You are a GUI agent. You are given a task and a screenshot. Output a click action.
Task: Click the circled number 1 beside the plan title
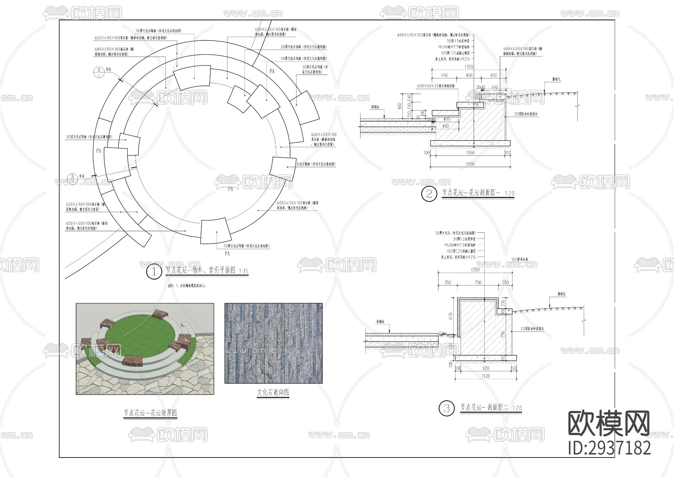154,271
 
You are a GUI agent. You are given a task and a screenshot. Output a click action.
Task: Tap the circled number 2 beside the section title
429,194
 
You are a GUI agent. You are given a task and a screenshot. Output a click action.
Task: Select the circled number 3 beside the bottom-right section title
446,408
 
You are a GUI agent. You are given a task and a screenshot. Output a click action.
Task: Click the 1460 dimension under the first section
470,164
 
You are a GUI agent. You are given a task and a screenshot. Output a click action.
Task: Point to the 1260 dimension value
470,153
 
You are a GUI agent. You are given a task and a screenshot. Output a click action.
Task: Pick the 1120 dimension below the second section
486,376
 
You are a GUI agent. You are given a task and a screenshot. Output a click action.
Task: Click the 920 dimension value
486,368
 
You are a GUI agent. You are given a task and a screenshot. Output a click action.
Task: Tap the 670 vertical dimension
451,316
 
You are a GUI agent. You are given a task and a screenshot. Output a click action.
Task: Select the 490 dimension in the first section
446,126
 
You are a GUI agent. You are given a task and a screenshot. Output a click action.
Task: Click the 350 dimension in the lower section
448,283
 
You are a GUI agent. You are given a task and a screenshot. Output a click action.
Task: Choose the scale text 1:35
243,271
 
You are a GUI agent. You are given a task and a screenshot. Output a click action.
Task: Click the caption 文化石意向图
273,392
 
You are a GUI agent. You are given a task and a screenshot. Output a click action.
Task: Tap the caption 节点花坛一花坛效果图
150,413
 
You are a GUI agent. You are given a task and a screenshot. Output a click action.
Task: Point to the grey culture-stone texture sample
273,343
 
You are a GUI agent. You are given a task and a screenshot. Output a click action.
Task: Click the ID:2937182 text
610,448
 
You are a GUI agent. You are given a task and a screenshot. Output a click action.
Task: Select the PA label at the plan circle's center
230,189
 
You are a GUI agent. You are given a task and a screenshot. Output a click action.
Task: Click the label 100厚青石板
520,259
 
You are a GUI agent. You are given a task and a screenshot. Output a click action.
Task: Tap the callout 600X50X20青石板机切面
435,86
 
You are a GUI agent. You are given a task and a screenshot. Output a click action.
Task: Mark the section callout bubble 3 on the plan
73,177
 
